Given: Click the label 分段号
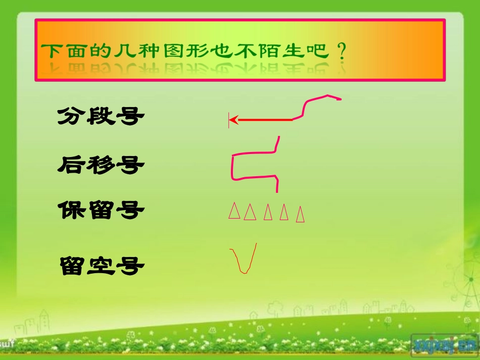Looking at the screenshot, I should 101,117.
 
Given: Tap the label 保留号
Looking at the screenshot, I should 101,210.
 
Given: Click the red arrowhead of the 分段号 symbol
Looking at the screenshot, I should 234,120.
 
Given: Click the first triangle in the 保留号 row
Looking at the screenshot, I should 233,211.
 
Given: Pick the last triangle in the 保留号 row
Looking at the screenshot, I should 300,214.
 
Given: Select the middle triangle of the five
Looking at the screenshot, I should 268,213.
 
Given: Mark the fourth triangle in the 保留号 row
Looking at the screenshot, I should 284,213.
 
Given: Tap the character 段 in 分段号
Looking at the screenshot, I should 101,117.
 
